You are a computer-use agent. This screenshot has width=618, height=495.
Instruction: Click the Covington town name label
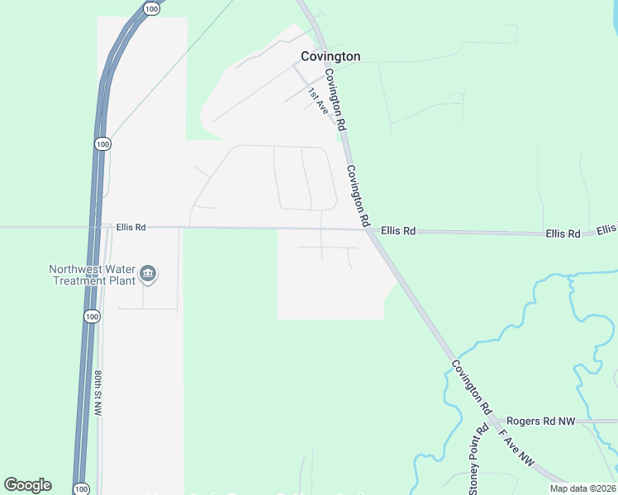coord(330,56)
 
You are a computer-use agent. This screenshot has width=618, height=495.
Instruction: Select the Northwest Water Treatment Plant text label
coord(93,275)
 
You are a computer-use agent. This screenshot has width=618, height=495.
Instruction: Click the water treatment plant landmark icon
coord(149,274)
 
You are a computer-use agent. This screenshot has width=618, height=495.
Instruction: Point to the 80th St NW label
coord(97,392)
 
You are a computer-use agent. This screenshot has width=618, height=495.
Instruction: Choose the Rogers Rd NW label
coord(540,421)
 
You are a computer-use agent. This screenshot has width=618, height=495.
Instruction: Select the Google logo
coord(27,485)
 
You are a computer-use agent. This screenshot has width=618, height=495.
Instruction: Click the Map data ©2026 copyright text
coord(583,488)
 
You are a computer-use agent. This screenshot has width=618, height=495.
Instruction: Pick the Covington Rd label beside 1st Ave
coord(334,99)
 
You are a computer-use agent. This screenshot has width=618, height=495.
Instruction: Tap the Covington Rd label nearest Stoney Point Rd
coord(472,386)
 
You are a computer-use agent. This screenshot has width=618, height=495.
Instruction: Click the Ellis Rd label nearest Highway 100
coord(131,227)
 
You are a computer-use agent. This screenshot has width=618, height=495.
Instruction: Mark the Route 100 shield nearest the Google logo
coord(81,489)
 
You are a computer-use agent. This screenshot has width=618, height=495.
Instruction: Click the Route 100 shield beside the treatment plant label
coord(91,316)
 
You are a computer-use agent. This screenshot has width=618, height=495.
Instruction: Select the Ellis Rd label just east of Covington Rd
coord(398,231)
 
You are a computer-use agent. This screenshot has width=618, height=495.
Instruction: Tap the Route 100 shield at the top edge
coord(150,8)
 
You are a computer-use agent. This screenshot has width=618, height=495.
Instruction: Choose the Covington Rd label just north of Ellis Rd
coord(357,196)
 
